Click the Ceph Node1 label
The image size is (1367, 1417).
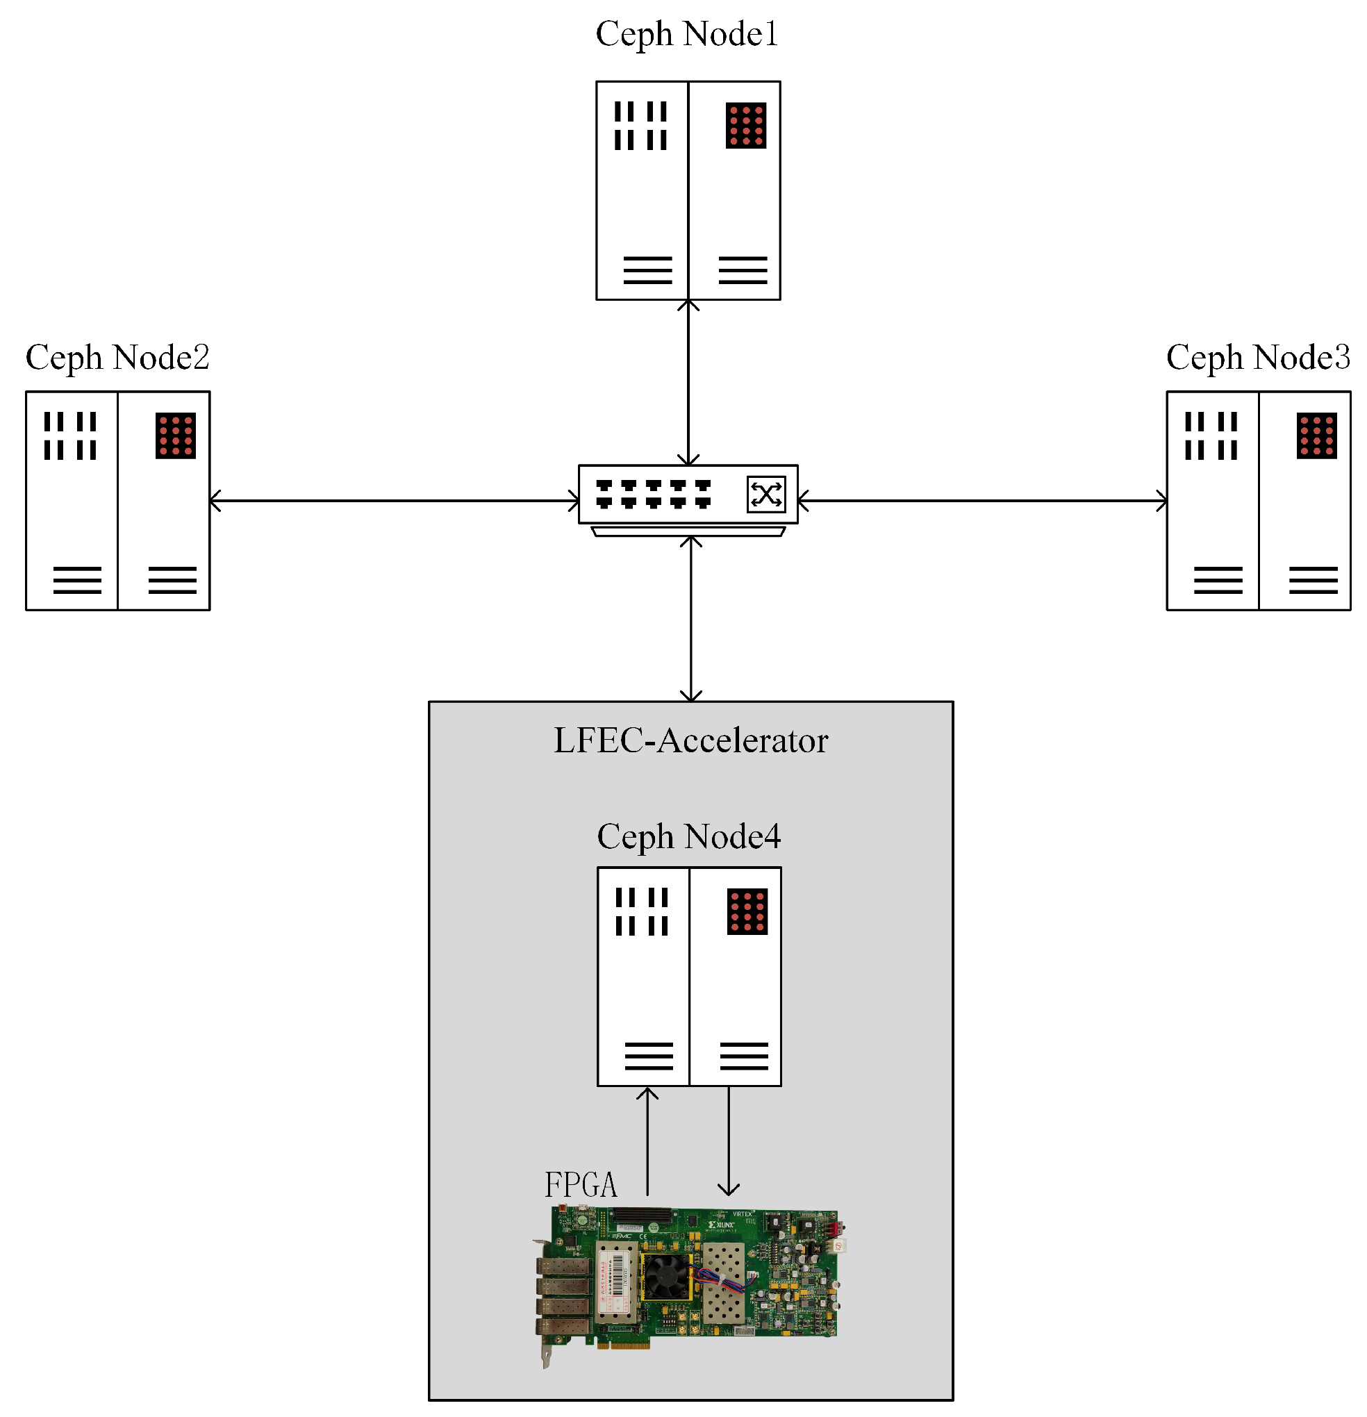[686, 34]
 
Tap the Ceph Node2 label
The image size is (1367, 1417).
[117, 357]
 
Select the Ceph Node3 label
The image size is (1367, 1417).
[1257, 357]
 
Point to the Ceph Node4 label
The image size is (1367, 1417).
[688, 836]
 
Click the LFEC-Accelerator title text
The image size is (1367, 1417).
[690, 740]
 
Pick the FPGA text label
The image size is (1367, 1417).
[581, 1184]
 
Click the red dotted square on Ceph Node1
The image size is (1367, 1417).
[745, 126]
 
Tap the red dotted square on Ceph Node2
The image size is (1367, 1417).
[175, 436]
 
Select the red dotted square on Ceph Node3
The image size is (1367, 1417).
[1316, 436]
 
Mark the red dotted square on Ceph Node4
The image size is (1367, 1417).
[747, 911]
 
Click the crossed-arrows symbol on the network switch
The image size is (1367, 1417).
[765, 495]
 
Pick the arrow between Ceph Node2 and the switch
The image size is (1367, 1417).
[394, 500]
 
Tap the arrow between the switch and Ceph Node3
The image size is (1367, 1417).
[981, 500]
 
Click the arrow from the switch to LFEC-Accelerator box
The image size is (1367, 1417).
[691, 619]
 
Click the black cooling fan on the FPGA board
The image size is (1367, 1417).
[665, 1276]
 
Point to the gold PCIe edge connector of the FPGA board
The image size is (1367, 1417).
[623, 1344]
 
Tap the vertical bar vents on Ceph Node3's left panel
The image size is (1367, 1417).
[1210, 436]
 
